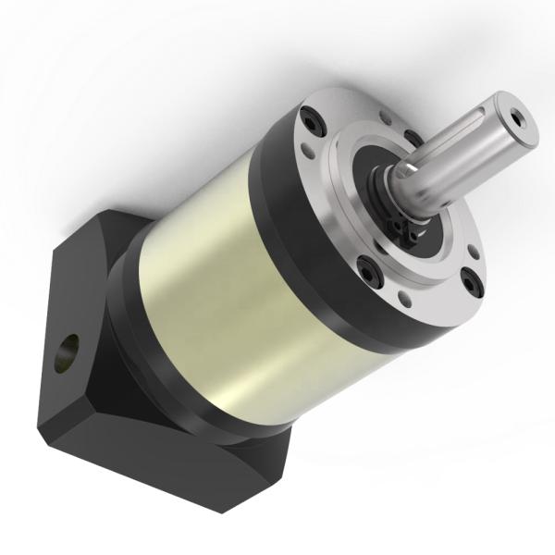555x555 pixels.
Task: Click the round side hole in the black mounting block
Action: click(x=68, y=353)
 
